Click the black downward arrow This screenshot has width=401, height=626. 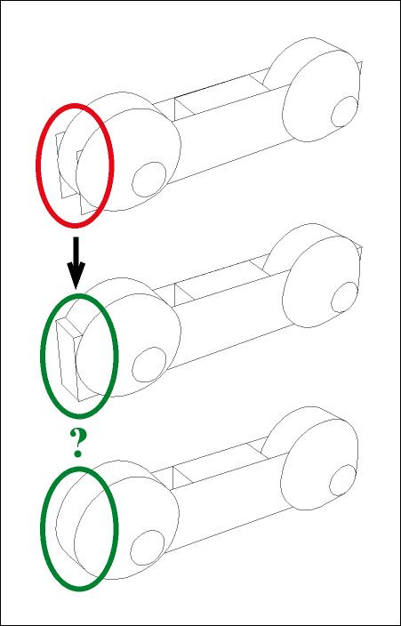(x=76, y=262)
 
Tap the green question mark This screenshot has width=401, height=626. (x=78, y=442)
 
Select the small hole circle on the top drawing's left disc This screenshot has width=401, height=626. (x=149, y=180)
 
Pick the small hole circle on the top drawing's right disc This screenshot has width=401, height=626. (x=344, y=111)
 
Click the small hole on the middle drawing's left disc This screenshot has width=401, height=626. (x=149, y=365)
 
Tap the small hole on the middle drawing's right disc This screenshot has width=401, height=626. (x=344, y=297)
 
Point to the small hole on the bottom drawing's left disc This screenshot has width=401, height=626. (x=148, y=548)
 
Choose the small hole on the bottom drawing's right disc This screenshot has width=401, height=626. (x=342, y=480)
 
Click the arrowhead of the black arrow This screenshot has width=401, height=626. (x=76, y=276)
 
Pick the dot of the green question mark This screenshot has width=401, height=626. (x=78, y=453)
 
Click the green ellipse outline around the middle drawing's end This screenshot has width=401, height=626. (x=42, y=356)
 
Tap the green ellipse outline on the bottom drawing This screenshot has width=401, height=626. (x=42, y=529)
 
